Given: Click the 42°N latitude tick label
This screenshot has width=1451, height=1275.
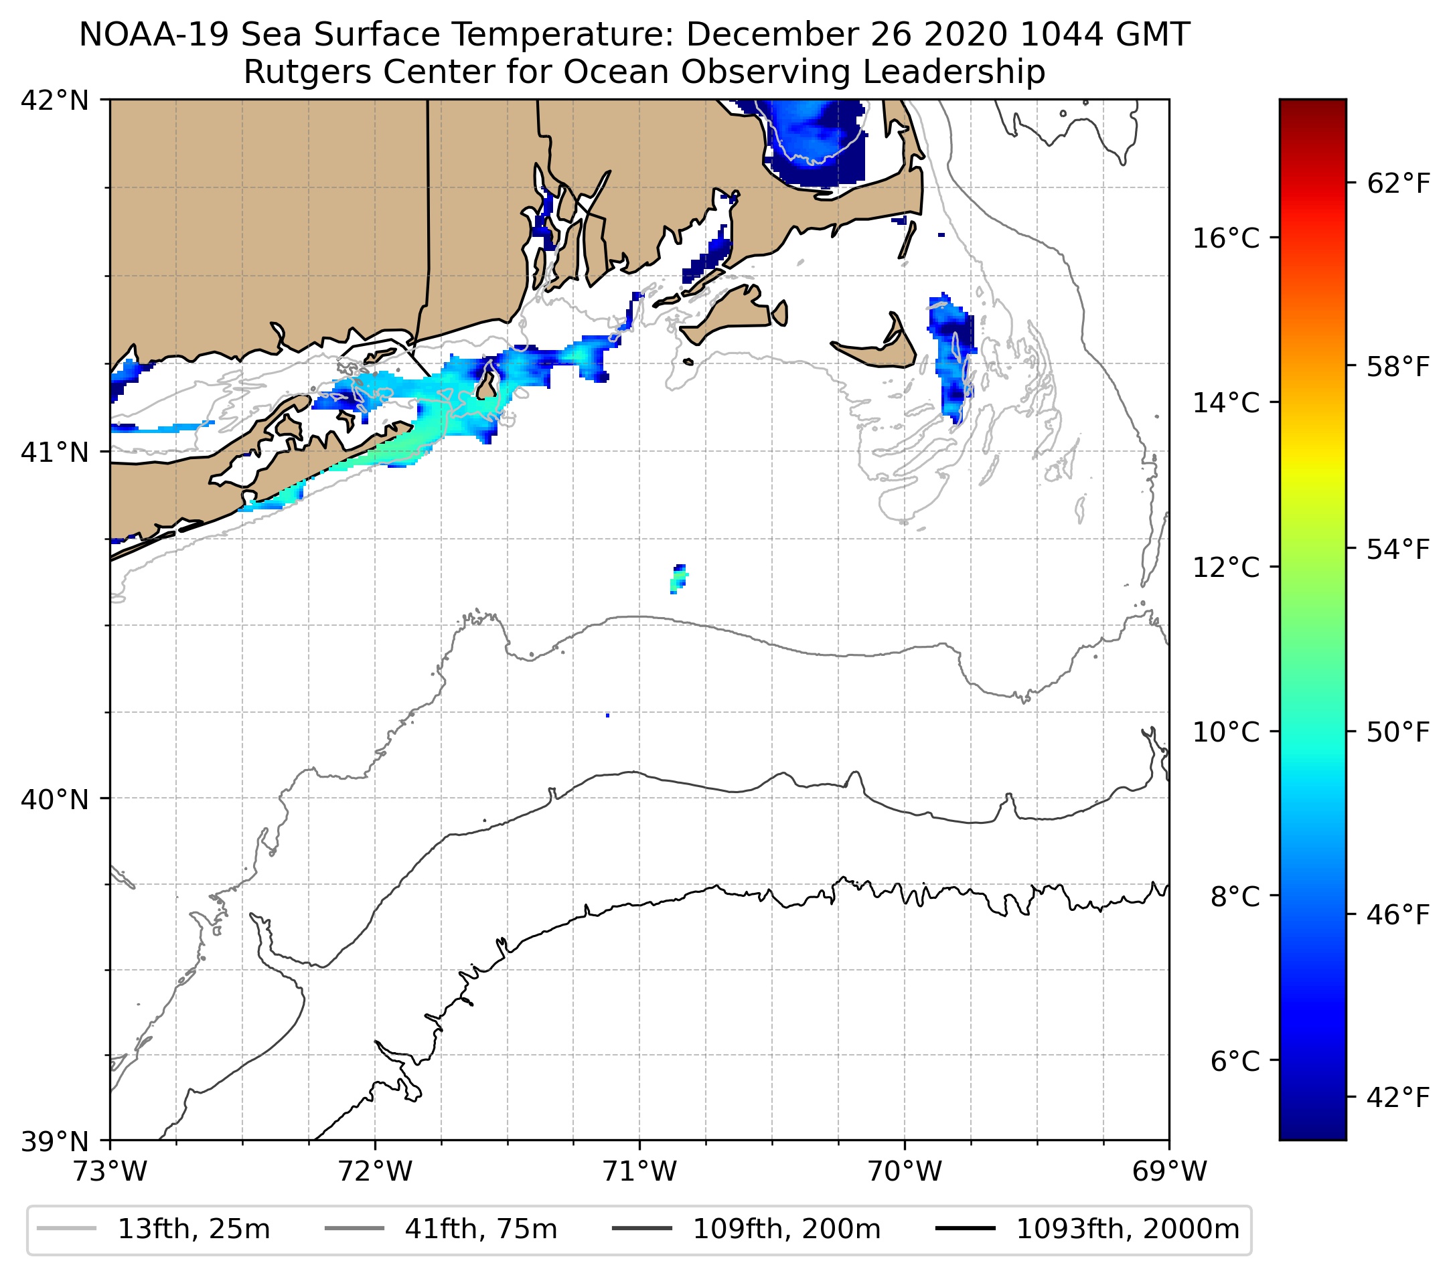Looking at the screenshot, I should [54, 101].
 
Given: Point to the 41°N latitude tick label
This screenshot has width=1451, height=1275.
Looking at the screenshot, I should [54, 452].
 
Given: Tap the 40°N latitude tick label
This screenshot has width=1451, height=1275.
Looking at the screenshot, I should [54, 800].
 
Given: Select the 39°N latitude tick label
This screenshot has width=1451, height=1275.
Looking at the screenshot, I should [54, 1142].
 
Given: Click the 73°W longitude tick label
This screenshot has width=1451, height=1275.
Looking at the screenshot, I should [110, 1172].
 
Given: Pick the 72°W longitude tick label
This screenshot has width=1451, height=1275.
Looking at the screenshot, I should [375, 1172].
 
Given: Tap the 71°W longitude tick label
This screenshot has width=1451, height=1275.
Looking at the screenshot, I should [639, 1172].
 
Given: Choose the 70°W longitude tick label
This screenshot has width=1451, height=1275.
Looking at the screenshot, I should [905, 1172].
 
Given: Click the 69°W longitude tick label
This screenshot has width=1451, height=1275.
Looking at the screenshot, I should [1169, 1172].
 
